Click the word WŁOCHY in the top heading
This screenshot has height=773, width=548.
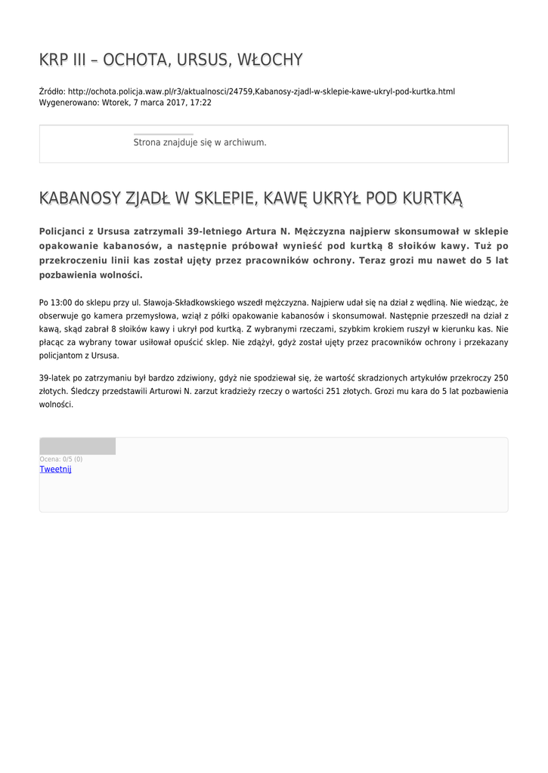(270, 60)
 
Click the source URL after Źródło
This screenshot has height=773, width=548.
(262, 91)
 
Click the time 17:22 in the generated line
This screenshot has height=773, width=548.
(201, 103)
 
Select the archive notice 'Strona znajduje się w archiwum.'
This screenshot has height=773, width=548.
(200, 142)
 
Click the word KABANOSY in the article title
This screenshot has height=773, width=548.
(79, 199)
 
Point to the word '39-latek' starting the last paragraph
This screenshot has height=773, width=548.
(55, 377)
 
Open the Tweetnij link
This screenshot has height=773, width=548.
(55, 470)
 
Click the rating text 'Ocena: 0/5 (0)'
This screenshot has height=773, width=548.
(61, 459)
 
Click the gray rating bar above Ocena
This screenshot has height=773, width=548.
(77, 446)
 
